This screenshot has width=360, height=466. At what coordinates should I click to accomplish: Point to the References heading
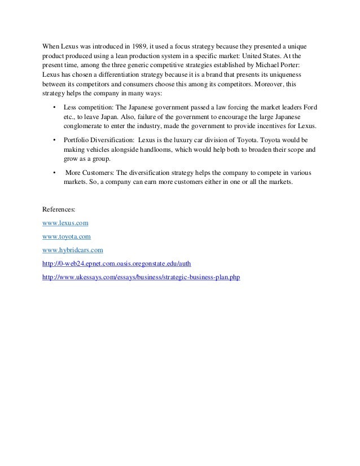61,209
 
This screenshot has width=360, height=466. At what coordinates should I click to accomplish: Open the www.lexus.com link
66,222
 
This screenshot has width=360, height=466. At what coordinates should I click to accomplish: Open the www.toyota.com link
67,236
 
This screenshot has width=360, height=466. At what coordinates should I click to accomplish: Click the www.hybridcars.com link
73,250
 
